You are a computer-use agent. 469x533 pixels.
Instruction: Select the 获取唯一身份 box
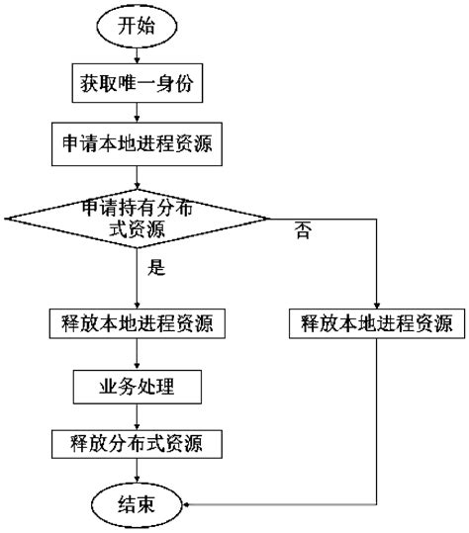137,85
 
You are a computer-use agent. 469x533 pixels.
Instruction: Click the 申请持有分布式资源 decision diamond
137,218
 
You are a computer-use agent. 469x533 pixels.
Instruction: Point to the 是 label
154,267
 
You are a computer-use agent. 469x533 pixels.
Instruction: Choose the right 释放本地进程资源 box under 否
377,322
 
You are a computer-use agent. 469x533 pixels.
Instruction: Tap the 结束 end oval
137,505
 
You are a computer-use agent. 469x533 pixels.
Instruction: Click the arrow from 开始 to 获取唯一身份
137,57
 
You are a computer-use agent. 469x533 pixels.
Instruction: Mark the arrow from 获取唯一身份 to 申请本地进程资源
137,113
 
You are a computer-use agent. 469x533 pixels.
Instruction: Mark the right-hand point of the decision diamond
267,218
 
